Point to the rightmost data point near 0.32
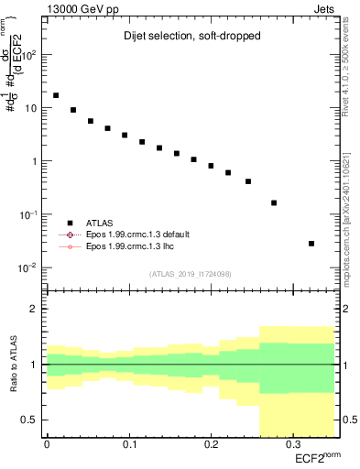311,244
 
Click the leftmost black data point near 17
56,95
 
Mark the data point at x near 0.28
274,202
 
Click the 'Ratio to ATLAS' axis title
13,365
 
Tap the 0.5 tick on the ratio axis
33,420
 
